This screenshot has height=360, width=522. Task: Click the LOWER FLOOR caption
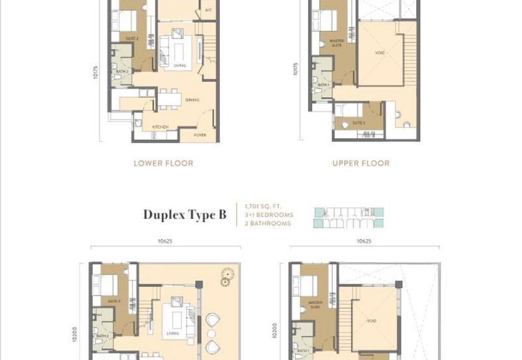[x=163, y=163]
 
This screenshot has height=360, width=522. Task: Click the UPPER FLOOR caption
[x=361, y=163]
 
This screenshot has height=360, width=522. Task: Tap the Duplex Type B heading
[x=185, y=215]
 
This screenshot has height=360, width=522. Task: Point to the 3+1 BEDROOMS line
[x=269, y=215]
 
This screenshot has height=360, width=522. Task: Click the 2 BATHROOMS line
[x=267, y=224]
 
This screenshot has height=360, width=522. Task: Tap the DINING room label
[x=192, y=100]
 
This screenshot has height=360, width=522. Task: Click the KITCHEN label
[x=161, y=127]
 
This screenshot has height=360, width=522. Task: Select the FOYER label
[x=201, y=136]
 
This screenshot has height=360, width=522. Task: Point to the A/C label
[x=208, y=11]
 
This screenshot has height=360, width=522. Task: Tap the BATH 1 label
[x=302, y=350]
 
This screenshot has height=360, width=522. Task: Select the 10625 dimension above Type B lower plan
[x=164, y=241]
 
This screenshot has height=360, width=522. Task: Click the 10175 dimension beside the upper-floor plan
[x=296, y=69]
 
